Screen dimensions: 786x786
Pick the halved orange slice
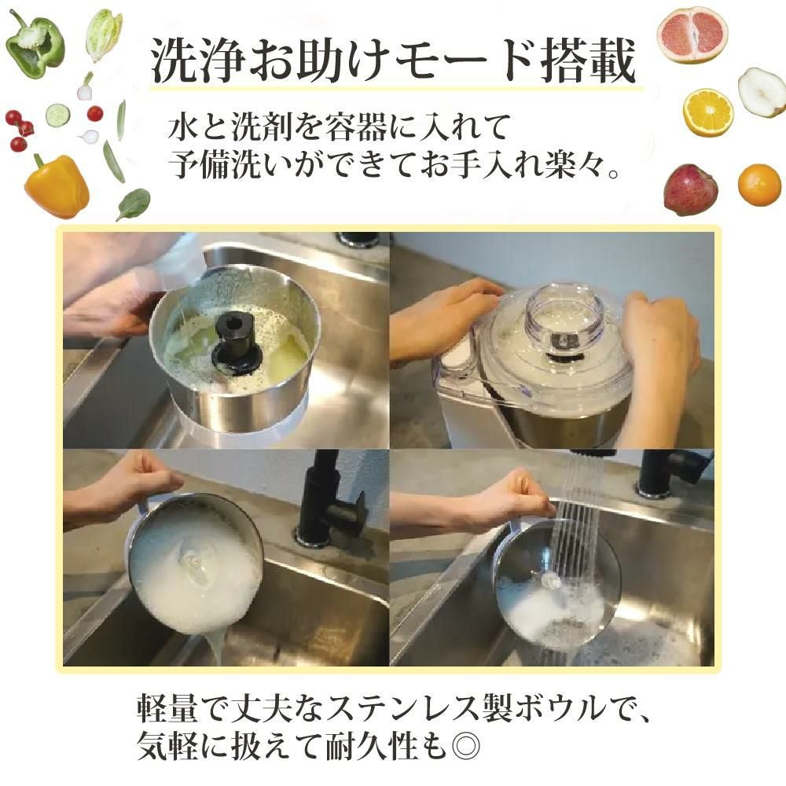[707, 112]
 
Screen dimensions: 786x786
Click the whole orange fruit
[759, 185]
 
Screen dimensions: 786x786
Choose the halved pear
[761, 92]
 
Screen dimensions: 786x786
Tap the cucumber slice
[57, 116]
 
